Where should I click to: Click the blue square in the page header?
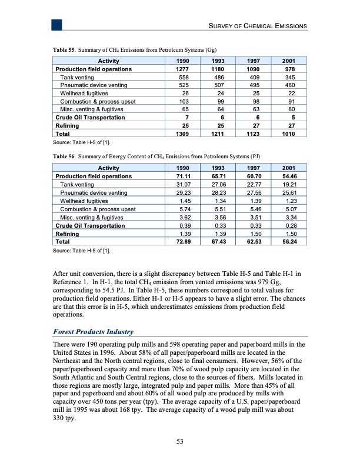56,24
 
